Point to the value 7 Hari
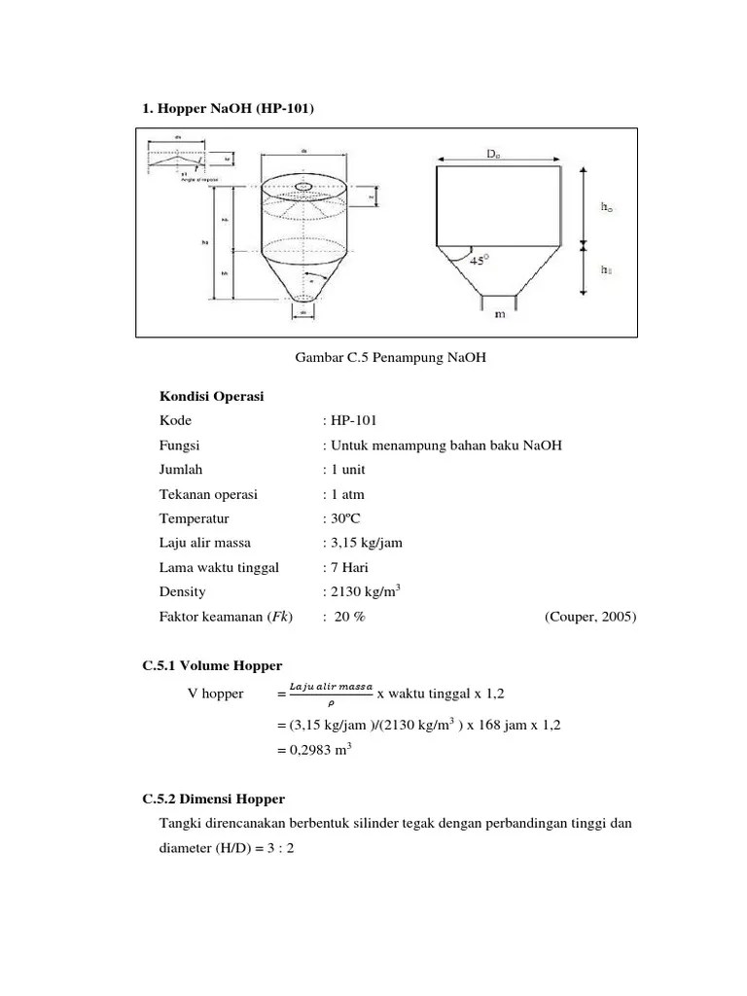click(x=348, y=567)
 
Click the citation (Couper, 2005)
click(x=590, y=616)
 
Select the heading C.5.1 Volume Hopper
click(x=212, y=666)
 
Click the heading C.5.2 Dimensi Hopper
click(x=214, y=799)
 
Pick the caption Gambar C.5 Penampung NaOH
click(x=390, y=359)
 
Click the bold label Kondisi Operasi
click(x=211, y=397)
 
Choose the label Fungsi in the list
click(x=180, y=445)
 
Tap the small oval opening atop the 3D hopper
click(x=304, y=185)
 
